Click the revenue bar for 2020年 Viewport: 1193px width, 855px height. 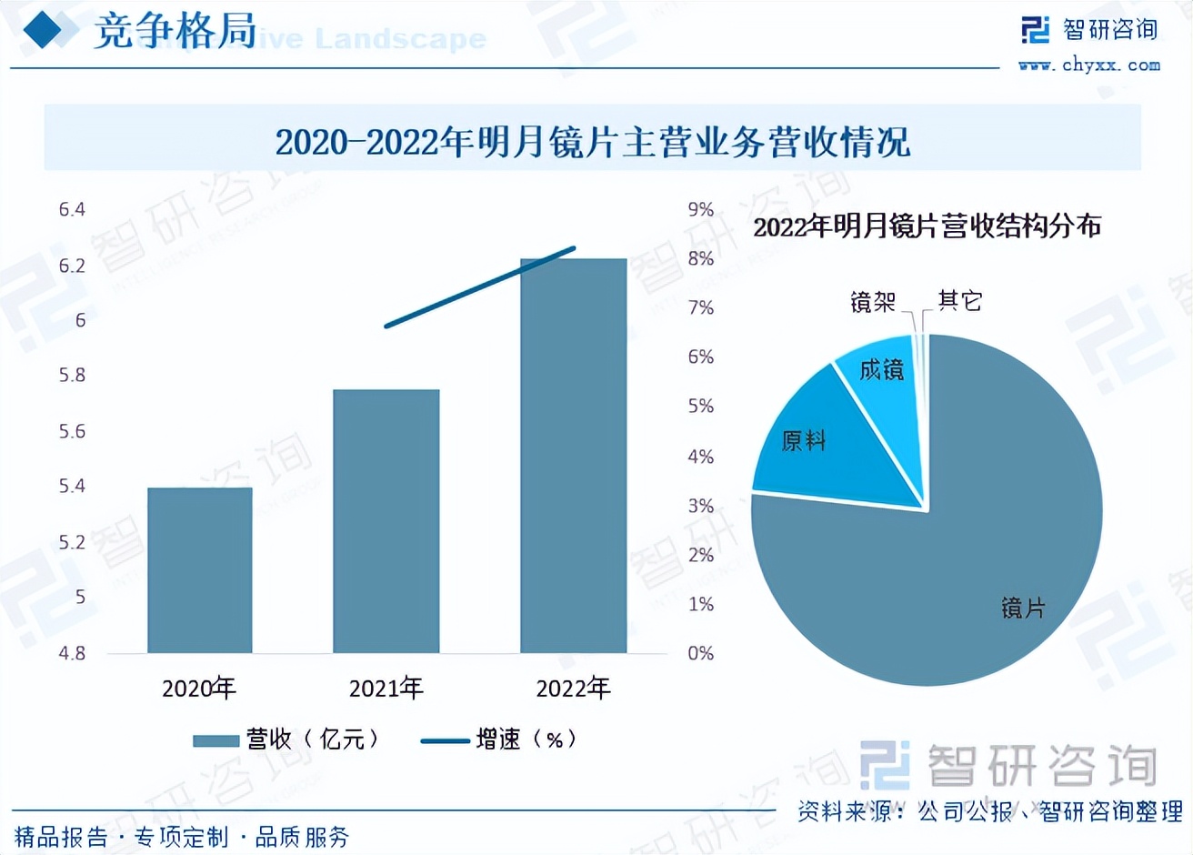[x=199, y=570]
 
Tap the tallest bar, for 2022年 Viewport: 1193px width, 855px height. [x=573, y=456]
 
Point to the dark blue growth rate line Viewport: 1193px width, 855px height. [x=479, y=287]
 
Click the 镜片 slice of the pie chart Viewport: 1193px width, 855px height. [x=964, y=564]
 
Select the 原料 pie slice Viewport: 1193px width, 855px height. [x=818, y=446]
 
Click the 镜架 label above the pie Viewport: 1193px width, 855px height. [x=872, y=301]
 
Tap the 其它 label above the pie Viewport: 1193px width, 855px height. [x=960, y=300]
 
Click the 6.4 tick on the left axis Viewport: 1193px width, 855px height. [x=72, y=210]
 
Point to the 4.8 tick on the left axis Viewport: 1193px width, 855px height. [x=72, y=653]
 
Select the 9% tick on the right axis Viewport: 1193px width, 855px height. [x=700, y=210]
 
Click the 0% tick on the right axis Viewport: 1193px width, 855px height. [x=700, y=653]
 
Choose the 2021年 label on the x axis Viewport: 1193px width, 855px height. [x=386, y=689]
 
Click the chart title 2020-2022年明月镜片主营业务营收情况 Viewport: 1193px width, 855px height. [x=592, y=142]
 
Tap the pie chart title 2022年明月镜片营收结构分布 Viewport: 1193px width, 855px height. [x=926, y=226]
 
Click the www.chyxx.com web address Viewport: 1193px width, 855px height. [x=1088, y=65]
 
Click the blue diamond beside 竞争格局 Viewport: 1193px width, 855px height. [x=42, y=31]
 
